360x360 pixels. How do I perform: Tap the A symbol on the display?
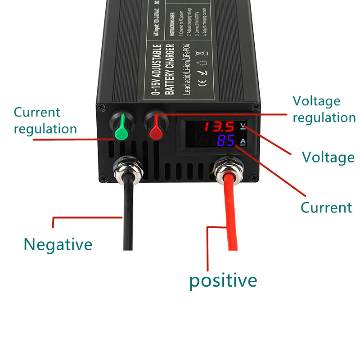pyautogui.click(x=243, y=143)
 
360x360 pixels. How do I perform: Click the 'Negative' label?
pyautogui.click(x=58, y=245)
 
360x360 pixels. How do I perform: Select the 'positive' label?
pyautogui.click(x=223, y=280)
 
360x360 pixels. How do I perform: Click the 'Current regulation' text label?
pyautogui.click(x=45, y=121)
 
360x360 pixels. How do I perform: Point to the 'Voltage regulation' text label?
pyautogui.click(x=324, y=109)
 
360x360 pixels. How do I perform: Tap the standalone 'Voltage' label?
pyautogui.click(x=328, y=157)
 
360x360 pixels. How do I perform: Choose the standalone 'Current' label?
pyautogui.click(x=326, y=207)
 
